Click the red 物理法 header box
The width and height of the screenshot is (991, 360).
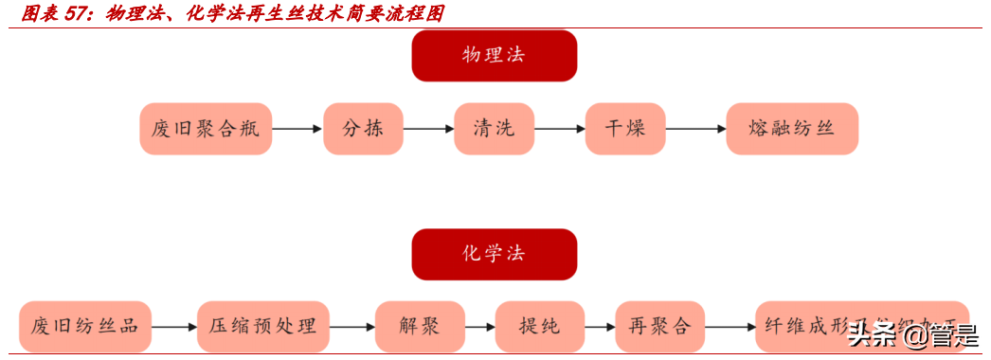(494, 55)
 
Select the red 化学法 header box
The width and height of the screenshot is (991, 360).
(494, 254)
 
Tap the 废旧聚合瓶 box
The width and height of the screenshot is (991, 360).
(206, 129)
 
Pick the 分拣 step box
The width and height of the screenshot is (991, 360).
(363, 129)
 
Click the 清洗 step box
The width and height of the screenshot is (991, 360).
(494, 129)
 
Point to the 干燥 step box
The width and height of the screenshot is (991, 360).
(625, 129)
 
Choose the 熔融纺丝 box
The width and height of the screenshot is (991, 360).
(791, 129)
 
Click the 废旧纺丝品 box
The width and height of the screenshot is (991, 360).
(85, 327)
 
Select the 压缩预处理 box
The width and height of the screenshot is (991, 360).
(262, 327)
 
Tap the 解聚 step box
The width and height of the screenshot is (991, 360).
(419, 327)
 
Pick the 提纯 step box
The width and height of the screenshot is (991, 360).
(539, 327)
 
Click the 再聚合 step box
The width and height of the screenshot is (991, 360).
(659, 327)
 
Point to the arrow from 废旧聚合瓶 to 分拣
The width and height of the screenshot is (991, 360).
(297, 129)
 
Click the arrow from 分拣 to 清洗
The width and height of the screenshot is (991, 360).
(428, 129)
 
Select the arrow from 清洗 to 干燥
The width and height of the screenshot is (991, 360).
(559, 129)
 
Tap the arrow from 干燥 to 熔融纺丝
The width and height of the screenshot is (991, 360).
(694, 129)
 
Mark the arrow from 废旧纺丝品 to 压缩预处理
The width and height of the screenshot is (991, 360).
(173, 327)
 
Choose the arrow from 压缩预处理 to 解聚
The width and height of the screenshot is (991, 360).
(351, 327)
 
